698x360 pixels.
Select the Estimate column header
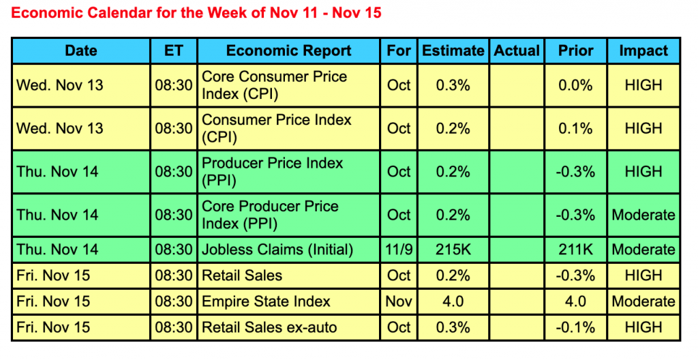(x=453, y=50)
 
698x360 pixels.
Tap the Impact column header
(x=643, y=50)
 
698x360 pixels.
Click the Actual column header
(x=517, y=50)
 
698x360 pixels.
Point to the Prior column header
(x=576, y=50)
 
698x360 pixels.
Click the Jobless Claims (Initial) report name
(x=277, y=250)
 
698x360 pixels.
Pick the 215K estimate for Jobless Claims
(x=453, y=250)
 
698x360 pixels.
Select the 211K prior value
(x=576, y=250)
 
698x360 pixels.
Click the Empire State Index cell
(x=267, y=301)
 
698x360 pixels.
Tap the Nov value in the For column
(x=399, y=301)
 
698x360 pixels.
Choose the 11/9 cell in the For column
(x=399, y=250)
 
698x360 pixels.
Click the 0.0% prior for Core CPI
(x=576, y=85)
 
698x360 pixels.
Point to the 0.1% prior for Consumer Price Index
(x=576, y=128)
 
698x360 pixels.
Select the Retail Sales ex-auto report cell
(x=269, y=327)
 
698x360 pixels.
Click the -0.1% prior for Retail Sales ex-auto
(x=576, y=327)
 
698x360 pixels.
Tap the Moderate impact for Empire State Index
(x=643, y=301)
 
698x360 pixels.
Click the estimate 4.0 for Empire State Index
(x=453, y=301)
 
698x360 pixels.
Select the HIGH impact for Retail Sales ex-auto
(x=643, y=327)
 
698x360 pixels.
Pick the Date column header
(x=81, y=50)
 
